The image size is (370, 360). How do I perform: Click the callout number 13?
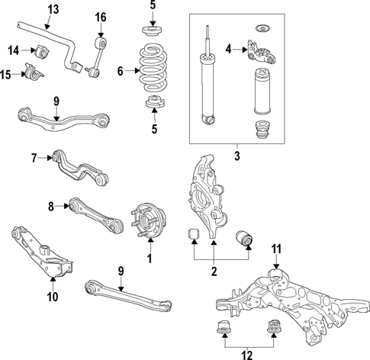(x=53, y=9)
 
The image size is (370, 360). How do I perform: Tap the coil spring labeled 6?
(x=155, y=70)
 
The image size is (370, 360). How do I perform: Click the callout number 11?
(x=276, y=248)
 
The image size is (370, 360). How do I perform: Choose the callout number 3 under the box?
(x=236, y=156)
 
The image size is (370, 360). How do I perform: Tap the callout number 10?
(x=53, y=297)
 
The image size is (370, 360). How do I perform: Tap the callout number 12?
(x=247, y=352)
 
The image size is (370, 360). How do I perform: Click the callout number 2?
(x=214, y=270)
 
